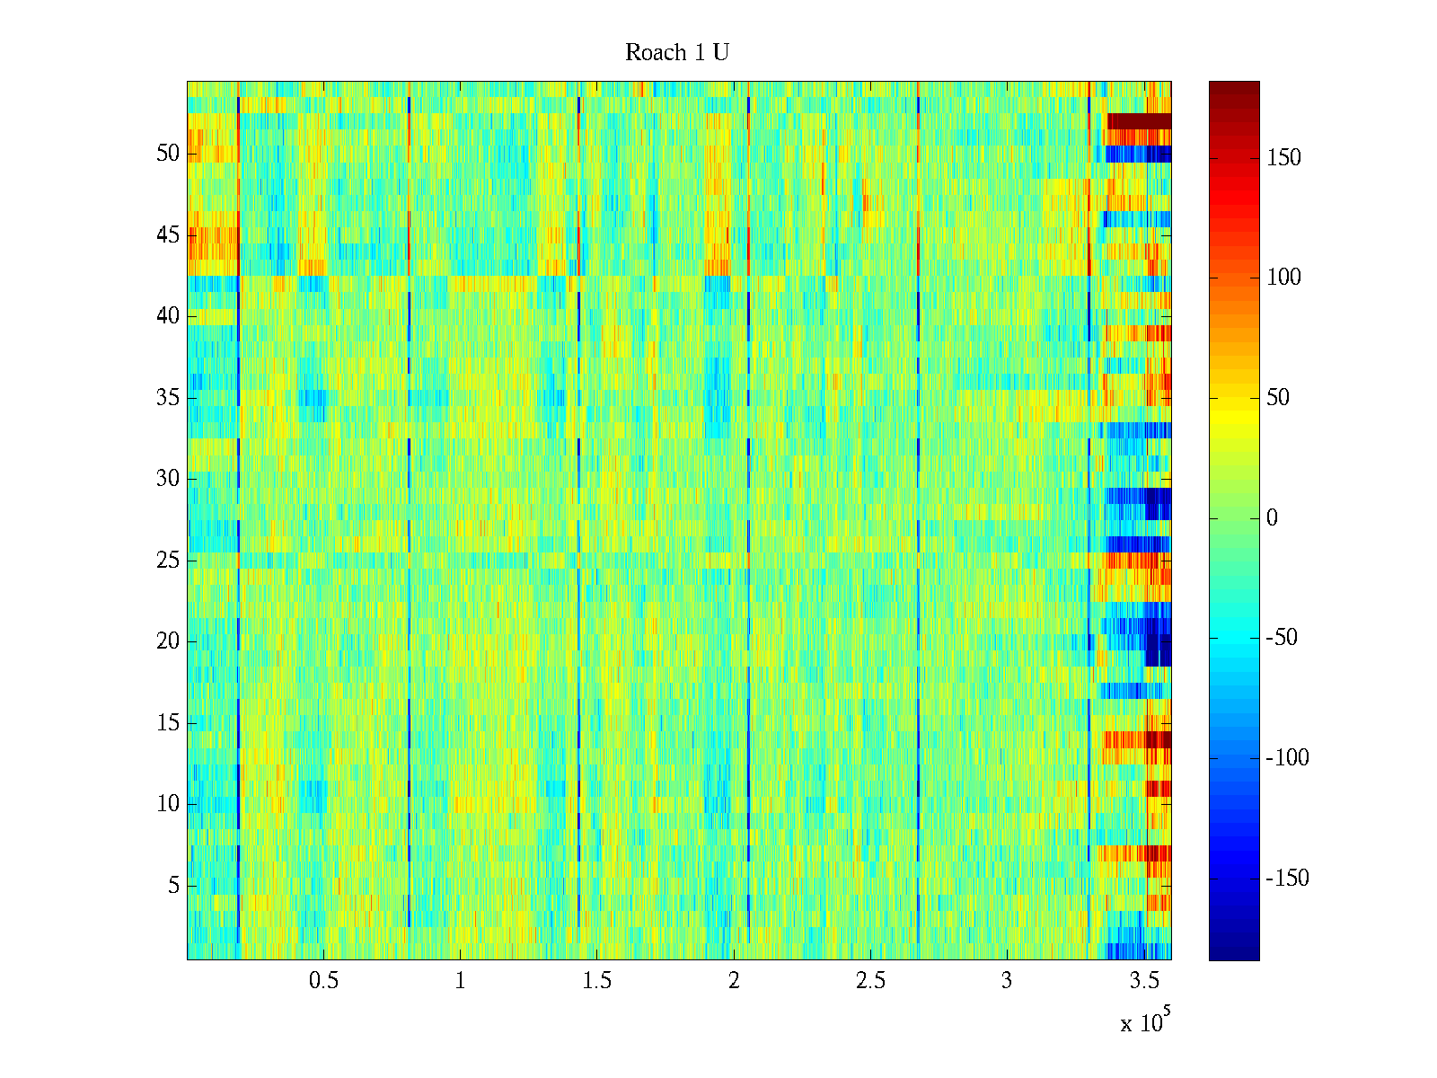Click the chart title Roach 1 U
pyautogui.click(x=676, y=53)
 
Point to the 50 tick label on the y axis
pyautogui.click(x=168, y=154)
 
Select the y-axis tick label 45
pyautogui.click(x=168, y=235)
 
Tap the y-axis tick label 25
pyautogui.click(x=168, y=561)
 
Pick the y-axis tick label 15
pyautogui.click(x=168, y=723)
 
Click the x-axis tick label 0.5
pyautogui.click(x=323, y=981)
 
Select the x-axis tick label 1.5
pyautogui.click(x=597, y=981)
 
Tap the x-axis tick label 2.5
pyautogui.click(x=870, y=981)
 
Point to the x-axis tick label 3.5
pyautogui.click(x=1144, y=981)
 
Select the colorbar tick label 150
pyautogui.click(x=1283, y=158)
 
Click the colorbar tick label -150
pyautogui.click(x=1287, y=879)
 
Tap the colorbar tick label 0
pyautogui.click(x=1272, y=518)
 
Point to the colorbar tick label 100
pyautogui.click(x=1283, y=278)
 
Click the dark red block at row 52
pyautogui.click(x=1139, y=121)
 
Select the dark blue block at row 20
pyautogui.click(x=1159, y=649)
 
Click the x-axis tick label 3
pyautogui.click(x=1007, y=981)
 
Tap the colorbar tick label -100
pyautogui.click(x=1287, y=758)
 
